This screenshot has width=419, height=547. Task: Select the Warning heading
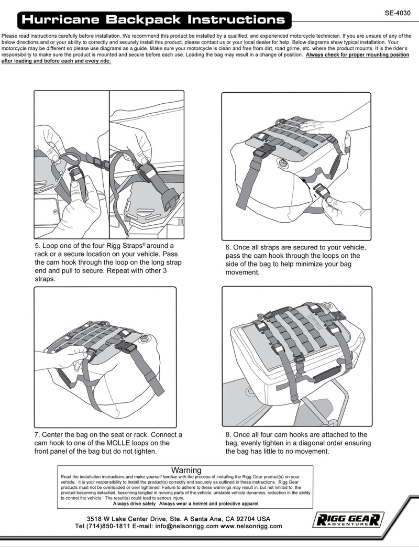186,471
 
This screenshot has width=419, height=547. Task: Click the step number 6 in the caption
228,247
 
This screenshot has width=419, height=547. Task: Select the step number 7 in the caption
37,435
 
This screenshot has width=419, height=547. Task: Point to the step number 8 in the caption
228,435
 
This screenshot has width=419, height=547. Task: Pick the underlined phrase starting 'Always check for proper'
357,55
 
